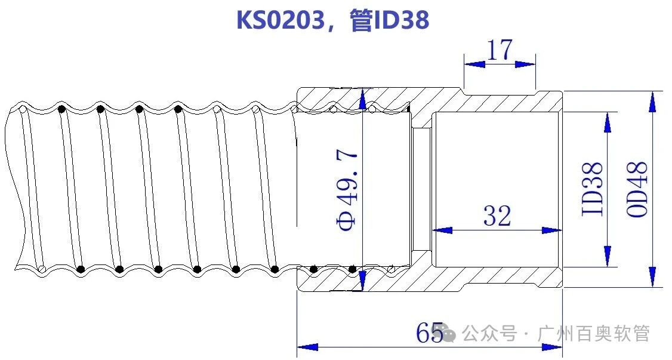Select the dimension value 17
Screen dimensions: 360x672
500,51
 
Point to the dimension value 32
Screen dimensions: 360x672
497,216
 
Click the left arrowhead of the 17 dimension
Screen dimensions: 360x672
473,64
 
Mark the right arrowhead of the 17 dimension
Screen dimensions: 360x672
526,64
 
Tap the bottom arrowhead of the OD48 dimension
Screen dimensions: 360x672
652,278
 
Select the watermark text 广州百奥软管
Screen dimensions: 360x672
593,333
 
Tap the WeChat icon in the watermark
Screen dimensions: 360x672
450,334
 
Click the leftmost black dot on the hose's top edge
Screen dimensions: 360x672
62,109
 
